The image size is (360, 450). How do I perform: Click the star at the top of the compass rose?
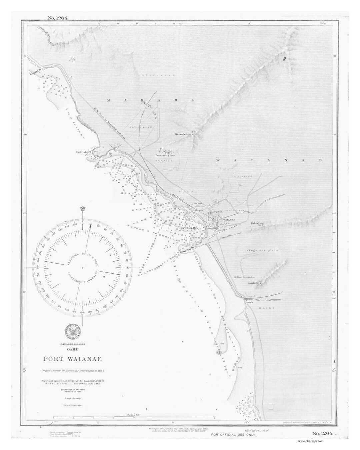point(82,209)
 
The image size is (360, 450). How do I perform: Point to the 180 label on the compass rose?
point(82,312)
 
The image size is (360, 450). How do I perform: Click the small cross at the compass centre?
point(82,268)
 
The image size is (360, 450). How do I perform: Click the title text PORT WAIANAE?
point(72,359)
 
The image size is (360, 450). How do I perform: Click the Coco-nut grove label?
point(165,155)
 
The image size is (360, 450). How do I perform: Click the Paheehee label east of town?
point(257,224)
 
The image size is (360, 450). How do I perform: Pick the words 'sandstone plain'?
point(262,250)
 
